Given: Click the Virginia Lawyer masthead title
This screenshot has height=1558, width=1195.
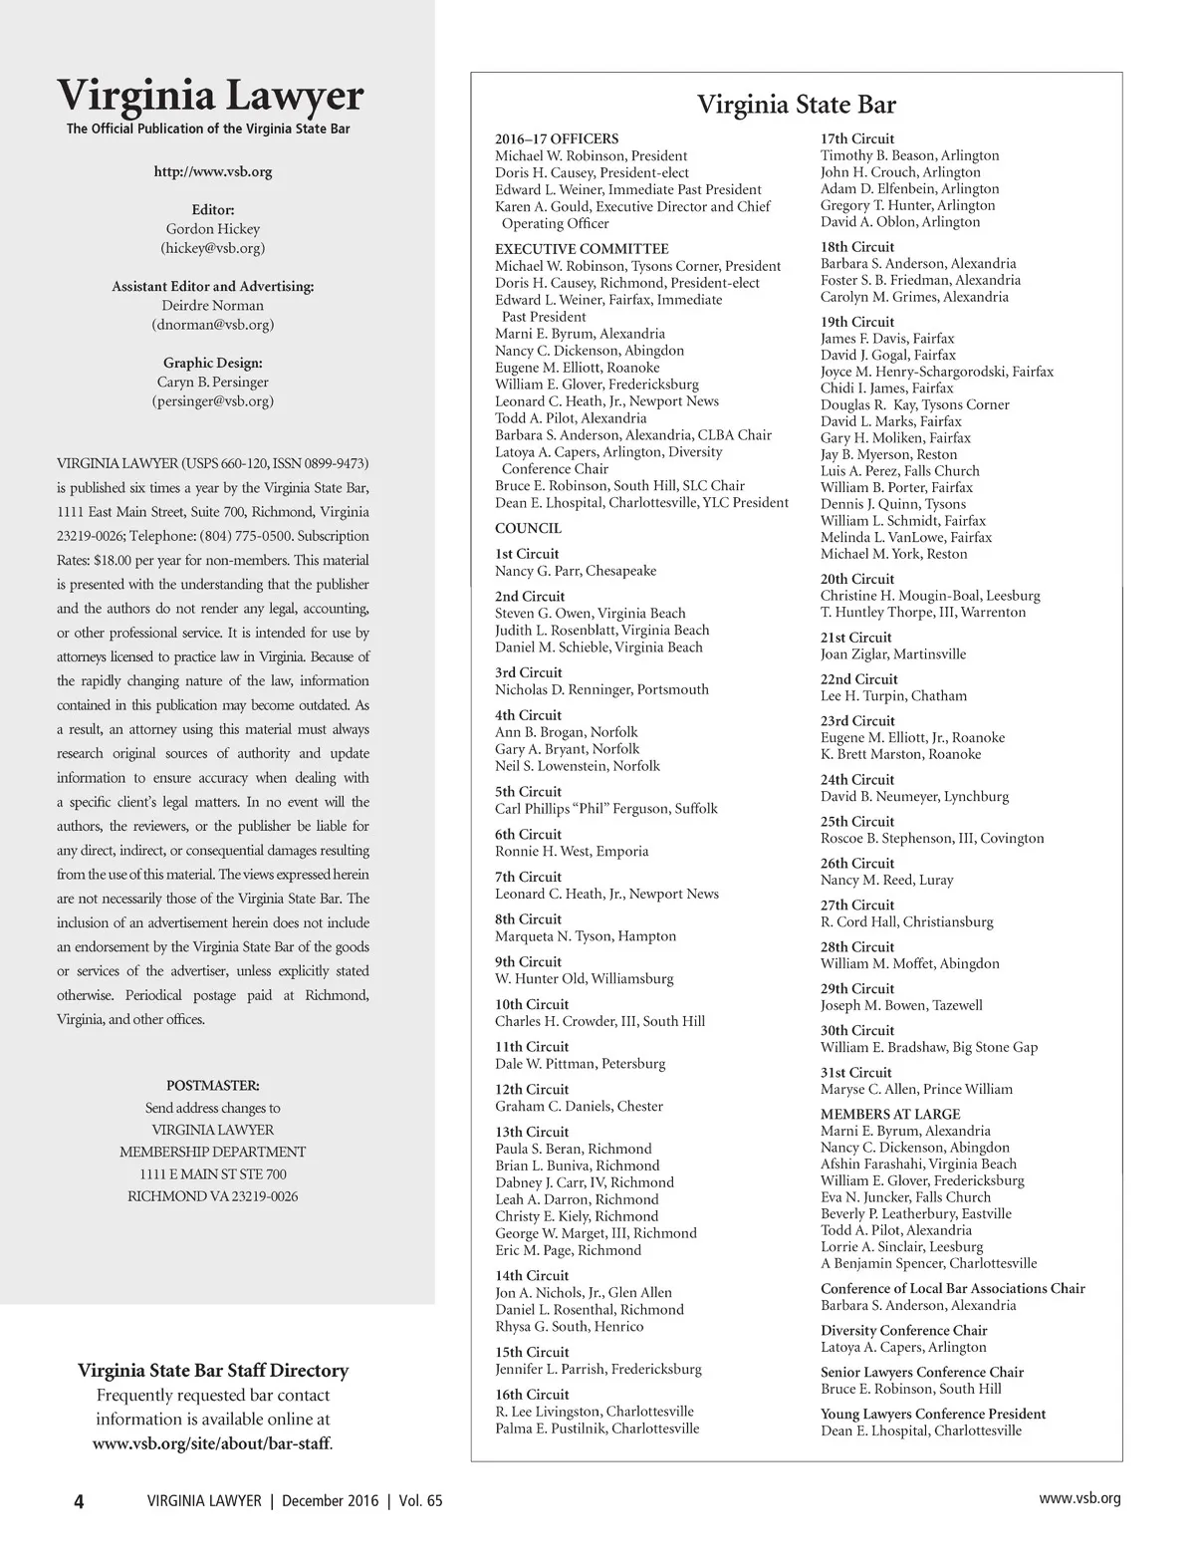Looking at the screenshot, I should (x=210, y=96).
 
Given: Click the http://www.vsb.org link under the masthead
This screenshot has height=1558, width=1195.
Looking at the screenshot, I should (x=212, y=171).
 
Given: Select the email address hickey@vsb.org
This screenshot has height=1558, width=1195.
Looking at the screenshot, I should (x=212, y=248).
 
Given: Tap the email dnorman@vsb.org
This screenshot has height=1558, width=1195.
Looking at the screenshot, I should (x=212, y=325).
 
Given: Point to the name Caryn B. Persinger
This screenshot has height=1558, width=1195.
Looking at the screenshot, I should (x=212, y=382).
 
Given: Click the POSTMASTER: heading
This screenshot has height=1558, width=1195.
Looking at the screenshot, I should (x=212, y=1085).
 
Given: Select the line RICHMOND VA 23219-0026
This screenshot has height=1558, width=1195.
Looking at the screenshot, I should (x=212, y=1196).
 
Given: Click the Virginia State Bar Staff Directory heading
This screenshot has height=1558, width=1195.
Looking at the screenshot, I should (x=213, y=1371).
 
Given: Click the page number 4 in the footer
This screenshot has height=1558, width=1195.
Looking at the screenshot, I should (x=79, y=1501).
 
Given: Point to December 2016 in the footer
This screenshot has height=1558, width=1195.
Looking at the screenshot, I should (x=330, y=1500).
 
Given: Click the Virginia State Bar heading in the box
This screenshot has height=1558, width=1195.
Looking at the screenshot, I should (x=796, y=105).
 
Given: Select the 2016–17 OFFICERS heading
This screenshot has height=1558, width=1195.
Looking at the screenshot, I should (x=557, y=139).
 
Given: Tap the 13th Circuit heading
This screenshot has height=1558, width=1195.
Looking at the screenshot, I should (x=532, y=1132).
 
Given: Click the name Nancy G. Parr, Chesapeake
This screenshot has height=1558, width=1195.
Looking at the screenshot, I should (x=576, y=571).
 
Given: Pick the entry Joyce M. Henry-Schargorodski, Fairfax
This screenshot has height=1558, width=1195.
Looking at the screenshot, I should (x=936, y=372).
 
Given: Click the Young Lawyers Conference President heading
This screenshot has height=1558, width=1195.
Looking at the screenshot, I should (x=932, y=1414).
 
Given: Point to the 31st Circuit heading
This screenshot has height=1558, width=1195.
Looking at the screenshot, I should (x=855, y=1072).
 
